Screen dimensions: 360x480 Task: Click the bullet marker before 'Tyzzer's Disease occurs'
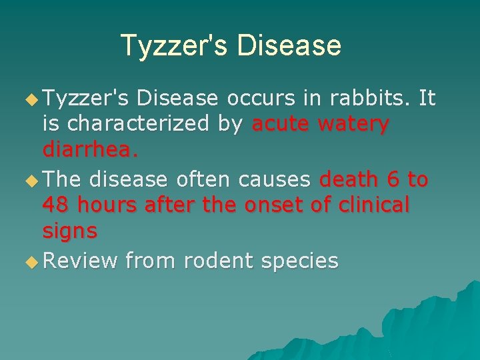pyautogui.click(x=30, y=101)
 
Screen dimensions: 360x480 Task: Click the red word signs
pyautogui.click(x=70, y=231)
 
